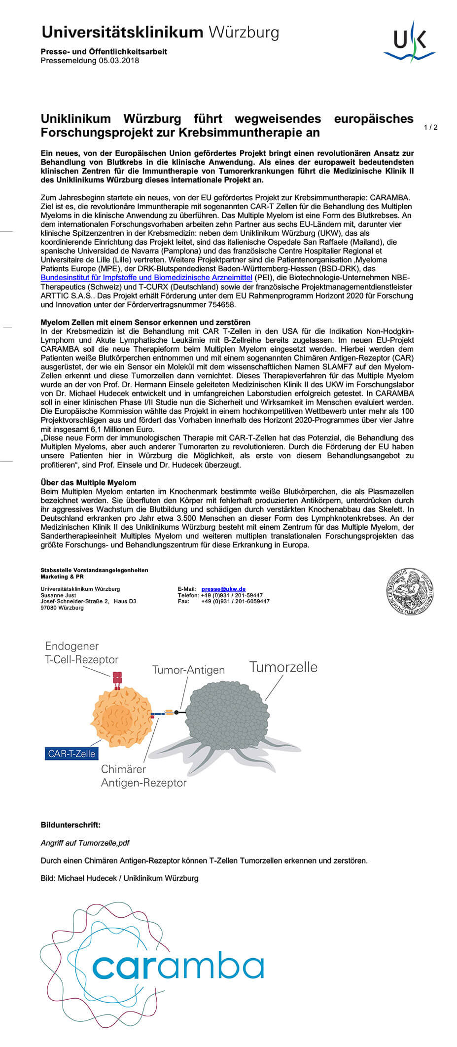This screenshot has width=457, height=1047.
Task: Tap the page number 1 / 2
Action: (430, 127)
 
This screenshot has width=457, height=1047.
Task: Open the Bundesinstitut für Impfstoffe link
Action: (146, 278)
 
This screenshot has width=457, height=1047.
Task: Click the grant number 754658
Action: (223, 305)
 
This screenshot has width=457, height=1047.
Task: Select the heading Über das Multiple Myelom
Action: (88, 482)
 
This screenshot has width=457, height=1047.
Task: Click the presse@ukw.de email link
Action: (223, 589)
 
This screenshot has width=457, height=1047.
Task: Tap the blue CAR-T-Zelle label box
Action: (71, 754)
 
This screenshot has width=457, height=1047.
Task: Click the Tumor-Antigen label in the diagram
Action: (188, 670)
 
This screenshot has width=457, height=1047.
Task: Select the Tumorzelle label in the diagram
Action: (283, 667)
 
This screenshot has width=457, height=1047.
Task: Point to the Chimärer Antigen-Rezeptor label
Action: (143, 776)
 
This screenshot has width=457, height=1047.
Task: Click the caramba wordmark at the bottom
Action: (178, 968)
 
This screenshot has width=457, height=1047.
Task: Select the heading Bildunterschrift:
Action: (70, 825)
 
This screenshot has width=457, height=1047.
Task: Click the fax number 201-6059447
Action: (235, 601)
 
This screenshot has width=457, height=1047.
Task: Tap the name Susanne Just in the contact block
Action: (58, 595)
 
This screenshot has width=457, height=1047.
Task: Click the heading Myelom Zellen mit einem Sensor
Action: (145, 322)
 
